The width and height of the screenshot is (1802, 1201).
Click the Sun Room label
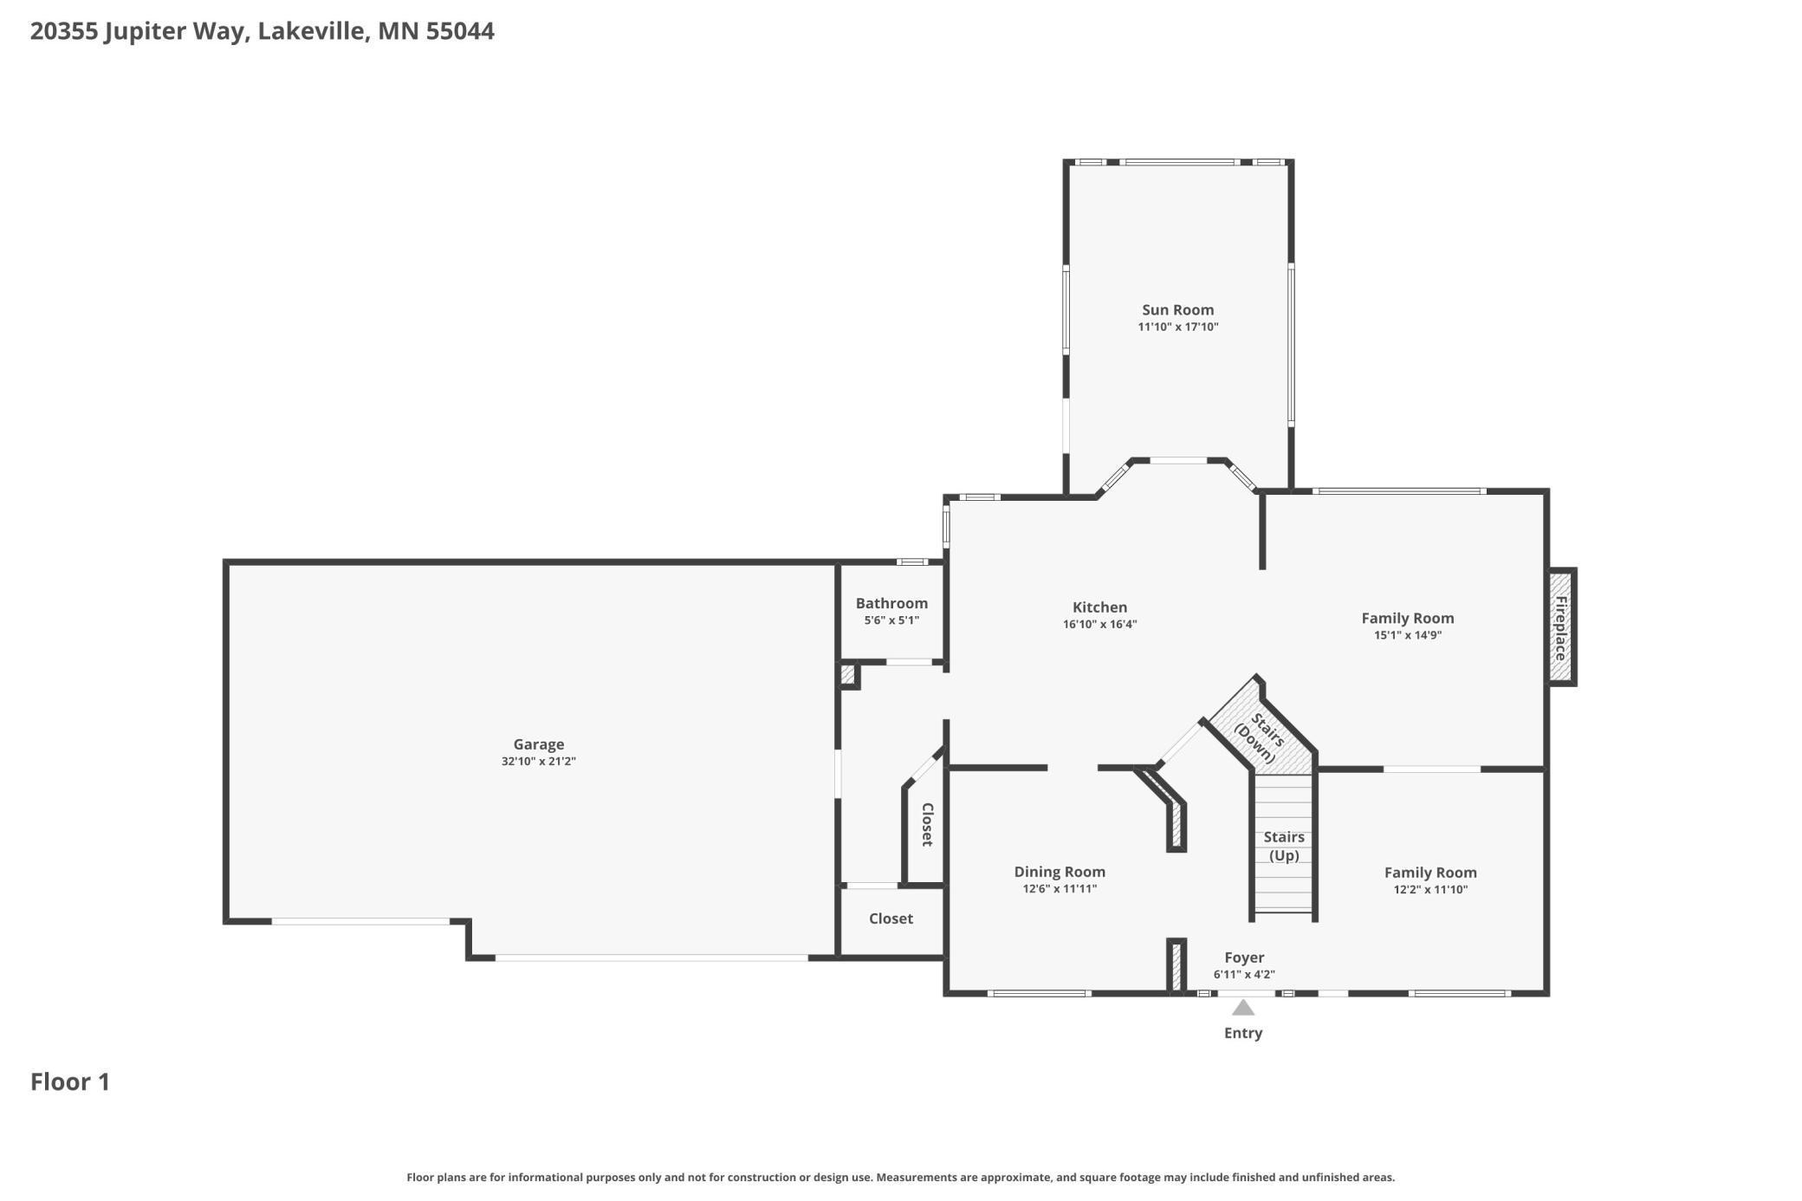pos(1177,309)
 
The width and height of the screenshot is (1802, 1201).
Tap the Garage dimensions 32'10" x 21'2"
pos(539,762)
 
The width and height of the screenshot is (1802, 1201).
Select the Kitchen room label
pos(1099,607)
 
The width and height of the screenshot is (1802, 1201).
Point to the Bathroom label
pos(891,603)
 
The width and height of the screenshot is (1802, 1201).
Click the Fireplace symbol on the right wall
pos(1561,627)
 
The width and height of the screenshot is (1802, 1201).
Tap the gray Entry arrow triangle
pos(1243,1007)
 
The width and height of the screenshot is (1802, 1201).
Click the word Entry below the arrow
pos(1243,1033)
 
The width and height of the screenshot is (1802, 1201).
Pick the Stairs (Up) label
pos(1284,846)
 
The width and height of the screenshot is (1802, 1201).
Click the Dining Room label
pos(1060,872)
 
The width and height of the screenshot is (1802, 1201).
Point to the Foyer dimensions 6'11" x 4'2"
pos(1244,975)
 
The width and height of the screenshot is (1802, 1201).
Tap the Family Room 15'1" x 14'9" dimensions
pos(1408,635)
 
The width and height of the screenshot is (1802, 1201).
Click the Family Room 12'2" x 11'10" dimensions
pos(1430,889)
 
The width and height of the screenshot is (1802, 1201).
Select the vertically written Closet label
pos(927,824)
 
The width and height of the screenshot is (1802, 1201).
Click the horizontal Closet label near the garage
pos(891,919)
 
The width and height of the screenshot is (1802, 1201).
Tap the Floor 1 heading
pos(70,1081)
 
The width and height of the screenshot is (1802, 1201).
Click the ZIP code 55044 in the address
pos(460,31)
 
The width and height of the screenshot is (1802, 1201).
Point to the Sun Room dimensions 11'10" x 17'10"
pos(1178,327)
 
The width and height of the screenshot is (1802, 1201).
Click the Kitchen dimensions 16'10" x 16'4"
pos(1099,624)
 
